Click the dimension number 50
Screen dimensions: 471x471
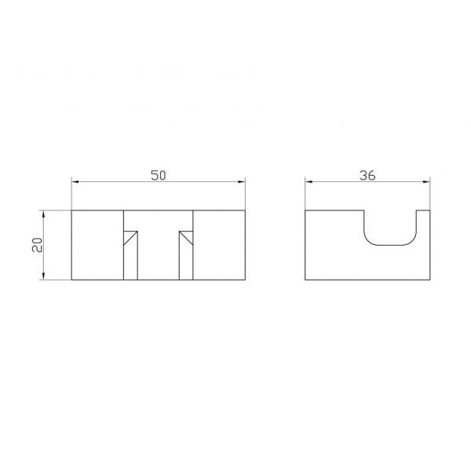[x=159, y=175]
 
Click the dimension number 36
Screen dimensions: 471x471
[x=367, y=175]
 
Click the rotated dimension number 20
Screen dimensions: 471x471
[x=38, y=245]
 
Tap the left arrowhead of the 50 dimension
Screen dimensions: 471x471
[x=75, y=182]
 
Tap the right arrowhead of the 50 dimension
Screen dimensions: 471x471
[x=242, y=182]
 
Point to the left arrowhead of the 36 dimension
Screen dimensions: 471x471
[x=309, y=182]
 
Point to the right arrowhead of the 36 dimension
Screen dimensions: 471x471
[x=426, y=182]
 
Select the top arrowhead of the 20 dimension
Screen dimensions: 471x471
[x=44, y=214]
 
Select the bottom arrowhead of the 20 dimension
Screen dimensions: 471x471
[x=44, y=276]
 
